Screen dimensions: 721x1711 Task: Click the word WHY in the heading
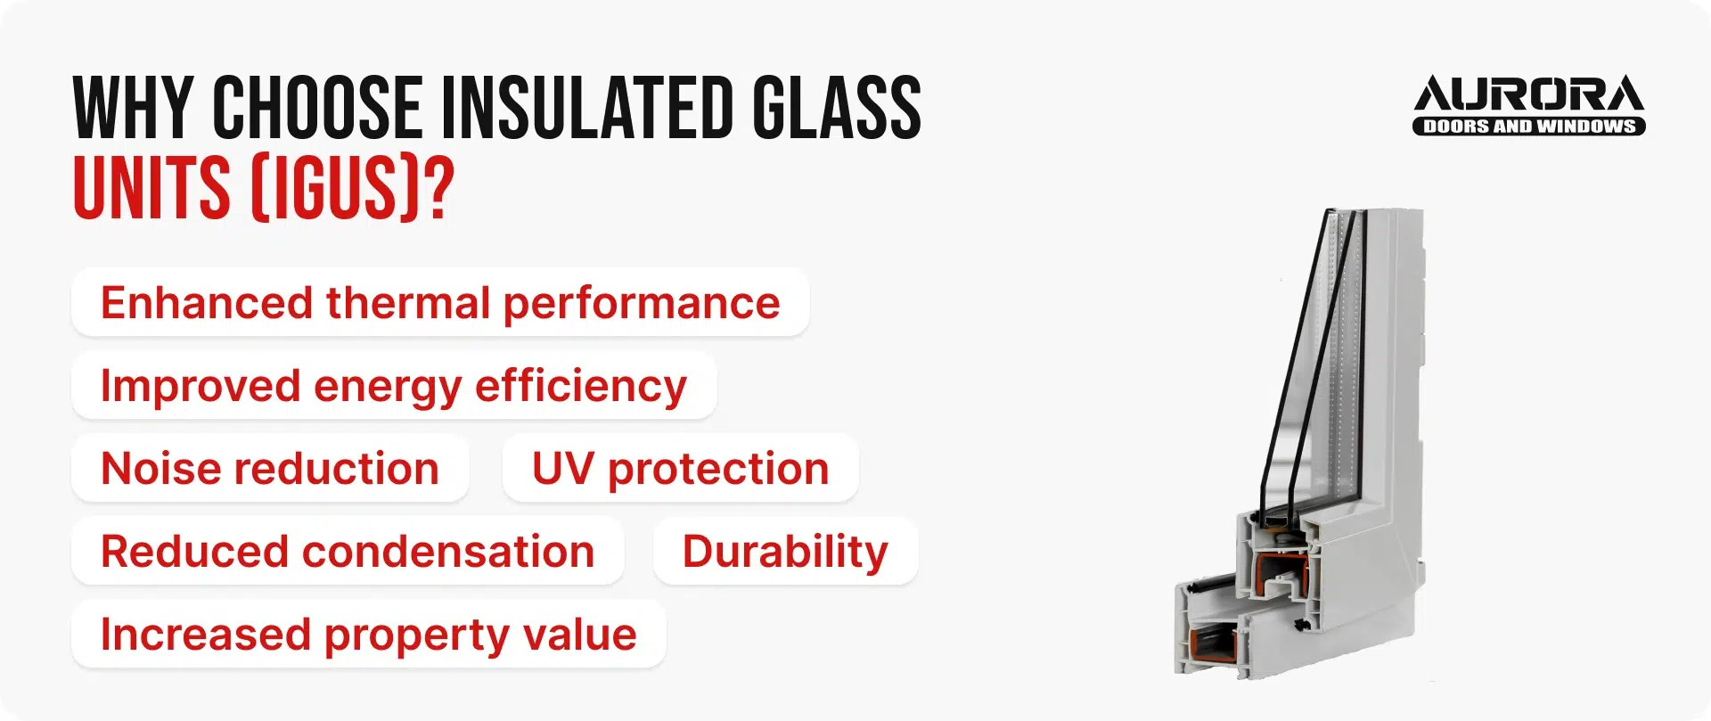(x=133, y=108)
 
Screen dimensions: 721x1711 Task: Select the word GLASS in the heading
(x=836, y=108)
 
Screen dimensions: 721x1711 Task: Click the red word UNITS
(x=151, y=188)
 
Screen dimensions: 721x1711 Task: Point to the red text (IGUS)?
(x=352, y=188)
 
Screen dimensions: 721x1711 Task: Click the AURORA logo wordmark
(x=1528, y=94)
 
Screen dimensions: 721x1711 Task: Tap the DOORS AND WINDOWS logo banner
(x=1528, y=127)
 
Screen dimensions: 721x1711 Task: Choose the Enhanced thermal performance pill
(x=440, y=303)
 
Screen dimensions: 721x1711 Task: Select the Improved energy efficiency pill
(x=394, y=386)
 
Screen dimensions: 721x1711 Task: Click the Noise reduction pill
(x=270, y=469)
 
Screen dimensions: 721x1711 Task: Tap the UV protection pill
(x=680, y=469)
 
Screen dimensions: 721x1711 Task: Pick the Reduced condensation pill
(x=348, y=552)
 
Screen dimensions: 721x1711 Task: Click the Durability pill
(x=785, y=552)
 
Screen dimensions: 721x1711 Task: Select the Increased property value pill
(x=368, y=635)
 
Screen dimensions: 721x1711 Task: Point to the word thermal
(x=408, y=303)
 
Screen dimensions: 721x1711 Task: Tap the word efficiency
(x=581, y=386)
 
